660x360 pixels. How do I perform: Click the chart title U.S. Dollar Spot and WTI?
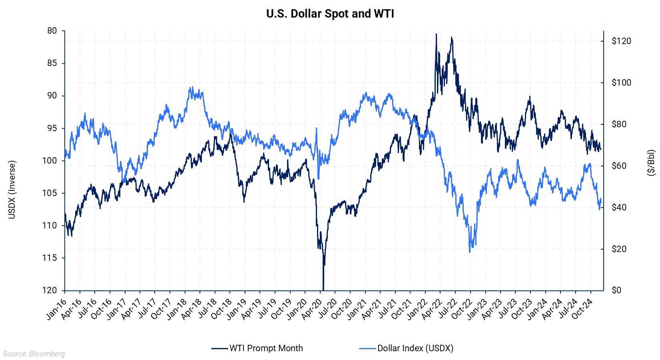point(330,14)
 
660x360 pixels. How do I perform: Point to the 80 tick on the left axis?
point(52,31)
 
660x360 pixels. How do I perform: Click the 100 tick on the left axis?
point(50,160)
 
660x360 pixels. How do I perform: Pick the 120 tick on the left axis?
point(50,290)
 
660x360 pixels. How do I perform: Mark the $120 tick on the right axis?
point(621,41)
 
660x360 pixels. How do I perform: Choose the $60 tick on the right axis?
point(619,166)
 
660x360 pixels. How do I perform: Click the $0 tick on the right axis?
point(617,290)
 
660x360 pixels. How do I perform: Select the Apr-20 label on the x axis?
point(312,309)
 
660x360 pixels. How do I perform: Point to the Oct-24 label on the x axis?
point(582,309)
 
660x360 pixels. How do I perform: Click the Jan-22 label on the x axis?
point(417,309)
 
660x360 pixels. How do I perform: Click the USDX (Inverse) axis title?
point(12,190)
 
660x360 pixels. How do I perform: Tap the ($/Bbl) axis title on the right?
point(651,163)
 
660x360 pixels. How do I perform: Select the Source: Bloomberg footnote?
point(34,354)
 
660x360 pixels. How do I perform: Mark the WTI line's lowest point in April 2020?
point(323,289)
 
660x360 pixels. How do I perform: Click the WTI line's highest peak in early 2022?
point(436,34)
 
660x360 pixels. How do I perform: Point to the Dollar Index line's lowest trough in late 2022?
point(470,252)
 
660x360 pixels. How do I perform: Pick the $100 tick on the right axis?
point(621,82)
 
